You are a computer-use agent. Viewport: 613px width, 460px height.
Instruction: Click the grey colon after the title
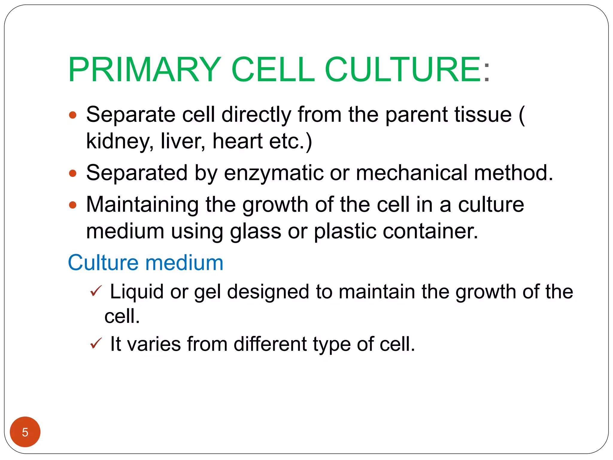click(x=487, y=72)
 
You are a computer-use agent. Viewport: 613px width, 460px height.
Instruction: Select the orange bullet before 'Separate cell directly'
click(x=73, y=115)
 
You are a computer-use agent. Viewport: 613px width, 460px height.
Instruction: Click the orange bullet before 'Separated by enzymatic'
click(x=73, y=173)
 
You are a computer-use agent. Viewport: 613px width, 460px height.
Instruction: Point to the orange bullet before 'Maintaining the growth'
click(x=73, y=205)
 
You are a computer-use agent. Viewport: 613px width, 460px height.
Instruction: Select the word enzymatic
click(x=274, y=173)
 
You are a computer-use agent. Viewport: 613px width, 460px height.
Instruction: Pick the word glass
click(x=255, y=232)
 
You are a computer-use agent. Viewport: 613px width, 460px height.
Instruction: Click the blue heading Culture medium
click(x=146, y=263)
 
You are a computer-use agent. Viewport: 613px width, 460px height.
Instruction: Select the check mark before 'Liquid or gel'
click(x=96, y=291)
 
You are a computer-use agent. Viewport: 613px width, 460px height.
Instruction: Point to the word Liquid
click(x=137, y=292)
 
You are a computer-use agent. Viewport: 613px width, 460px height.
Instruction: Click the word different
click(x=270, y=344)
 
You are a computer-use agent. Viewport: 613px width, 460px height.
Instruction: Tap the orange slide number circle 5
click(x=25, y=432)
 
